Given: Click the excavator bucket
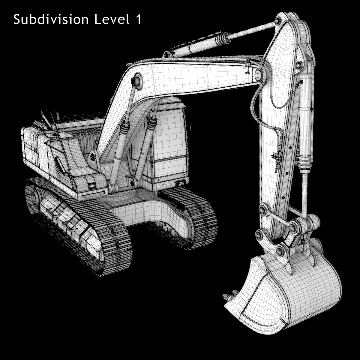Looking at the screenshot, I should [x=288, y=288].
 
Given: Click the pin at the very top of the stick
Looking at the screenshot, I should [x=277, y=21].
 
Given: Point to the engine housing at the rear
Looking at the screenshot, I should [x=36, y=147].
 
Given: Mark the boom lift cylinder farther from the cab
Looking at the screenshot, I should [x=120, y=150].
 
